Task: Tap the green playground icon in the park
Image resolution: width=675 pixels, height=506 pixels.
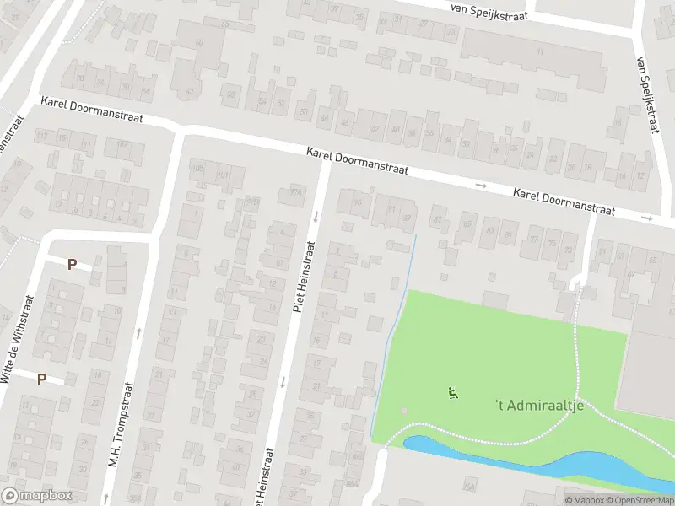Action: [x=453, y=392]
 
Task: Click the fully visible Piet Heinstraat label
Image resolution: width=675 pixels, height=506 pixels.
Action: [x=304, y=277]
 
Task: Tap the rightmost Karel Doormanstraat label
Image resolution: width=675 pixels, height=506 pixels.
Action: [x=564, y=202]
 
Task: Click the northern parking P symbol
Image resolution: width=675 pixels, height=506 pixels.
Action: [x=72, y=264]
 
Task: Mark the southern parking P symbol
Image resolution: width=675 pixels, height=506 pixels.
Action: [x=41, y=379]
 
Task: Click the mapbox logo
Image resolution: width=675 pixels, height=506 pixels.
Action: [x=37, y=496]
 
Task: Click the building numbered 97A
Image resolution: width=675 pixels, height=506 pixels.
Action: [x=294, y=191]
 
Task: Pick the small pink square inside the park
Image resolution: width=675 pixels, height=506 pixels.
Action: [x=404, y=412]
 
